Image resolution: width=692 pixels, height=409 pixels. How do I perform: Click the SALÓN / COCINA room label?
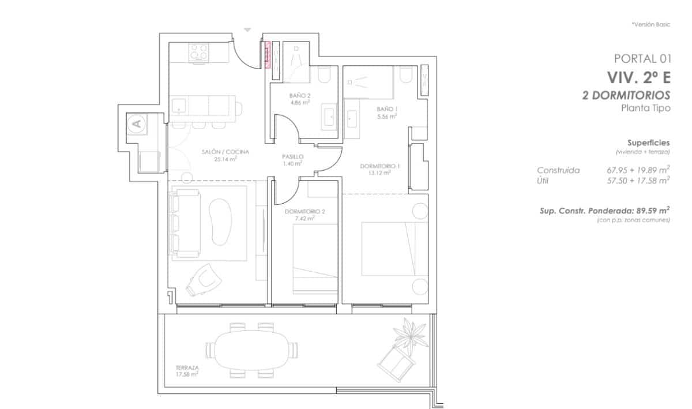coord(225,152)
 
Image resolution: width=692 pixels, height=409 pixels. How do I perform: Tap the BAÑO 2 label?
coord(300,96)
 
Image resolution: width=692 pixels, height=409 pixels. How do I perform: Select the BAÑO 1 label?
coord(387,108)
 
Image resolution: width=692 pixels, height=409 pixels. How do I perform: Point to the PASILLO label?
coord(292,157)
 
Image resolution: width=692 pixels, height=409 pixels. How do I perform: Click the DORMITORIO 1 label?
coord(379,166)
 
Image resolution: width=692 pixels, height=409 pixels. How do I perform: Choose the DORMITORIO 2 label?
coord(305,212)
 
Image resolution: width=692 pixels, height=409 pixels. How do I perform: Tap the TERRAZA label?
coord(187,367)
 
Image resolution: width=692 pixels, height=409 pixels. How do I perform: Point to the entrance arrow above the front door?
coord(248,29)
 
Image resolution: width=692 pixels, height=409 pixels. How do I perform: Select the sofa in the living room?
coord(185,222)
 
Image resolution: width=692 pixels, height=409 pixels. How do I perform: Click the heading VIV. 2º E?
coord(638,77)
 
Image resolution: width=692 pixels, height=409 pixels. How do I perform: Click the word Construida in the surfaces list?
coord(558,170)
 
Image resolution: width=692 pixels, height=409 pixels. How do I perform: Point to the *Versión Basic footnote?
coord(651,25)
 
